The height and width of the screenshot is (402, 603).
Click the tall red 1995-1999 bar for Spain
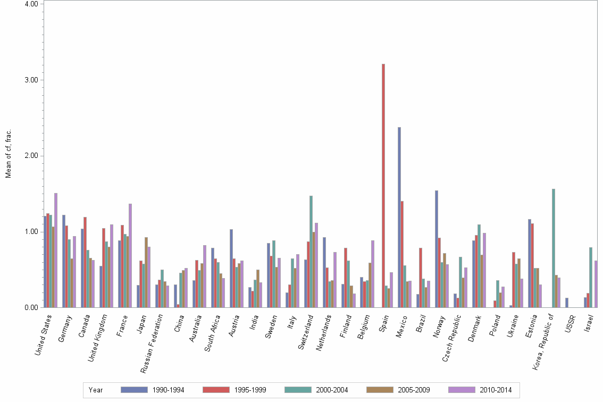[x=383, y=186]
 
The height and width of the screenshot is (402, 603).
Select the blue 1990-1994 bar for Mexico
[x=399, y=218]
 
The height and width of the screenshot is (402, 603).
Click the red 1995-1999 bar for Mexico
[x=402, y=254]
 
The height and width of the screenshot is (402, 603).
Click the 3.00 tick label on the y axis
[x=30, y=80]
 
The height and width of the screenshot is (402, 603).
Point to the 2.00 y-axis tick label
[x=30, y=156]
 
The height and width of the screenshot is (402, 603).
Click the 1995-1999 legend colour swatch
[x=216, y=390]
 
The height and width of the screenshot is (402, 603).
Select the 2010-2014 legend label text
[x=496, y=390]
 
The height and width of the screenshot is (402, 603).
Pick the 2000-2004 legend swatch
[x=298, y=390]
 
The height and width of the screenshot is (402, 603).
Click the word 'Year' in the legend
[x=96, y=390]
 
